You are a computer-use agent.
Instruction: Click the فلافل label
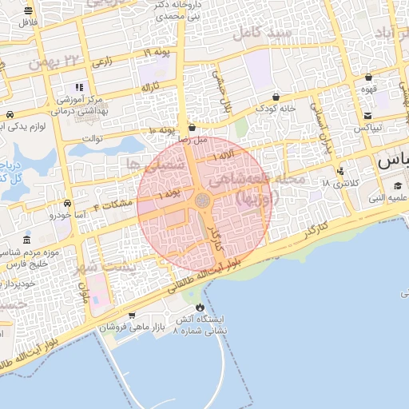pyautogui.click(x=30, y=22)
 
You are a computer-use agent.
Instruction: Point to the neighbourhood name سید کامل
pyautogui.click(x=259, y=34)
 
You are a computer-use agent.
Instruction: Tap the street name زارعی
pyautogui.click(x=102, y=60)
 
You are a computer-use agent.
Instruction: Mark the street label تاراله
pyautogui.click(x=151, y=85)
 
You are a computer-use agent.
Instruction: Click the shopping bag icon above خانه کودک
pyautogui.click(x=276, y=97)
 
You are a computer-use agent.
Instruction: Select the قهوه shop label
pyautogui.click(x=368, y=90)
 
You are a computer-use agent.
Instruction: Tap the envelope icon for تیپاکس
pyautogui.click(x=368, y=115)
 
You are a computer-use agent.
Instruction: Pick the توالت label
pyautogui.click(x=104, y=138)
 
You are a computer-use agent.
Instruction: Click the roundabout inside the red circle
pyautogui.click(x=204, y=199)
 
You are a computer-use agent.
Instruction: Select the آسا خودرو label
pyautogui.click(x=66, y=214)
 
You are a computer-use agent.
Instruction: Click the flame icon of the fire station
pyautogui.click(x=199, y=307)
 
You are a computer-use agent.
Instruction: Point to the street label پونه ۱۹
pyautogui.click(x=157, y=53)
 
